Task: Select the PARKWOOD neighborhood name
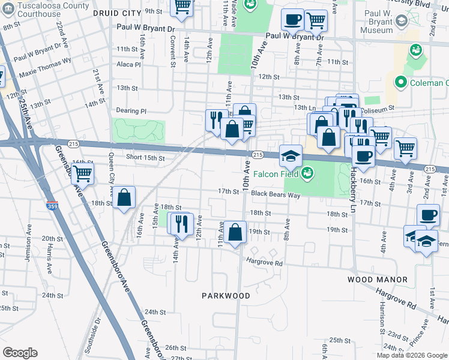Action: pyautogui.click(x=226, y=296)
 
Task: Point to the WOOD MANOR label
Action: pyautogui.click(x=377, y=280)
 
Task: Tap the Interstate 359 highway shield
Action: pyautogui.click(x=52, y=206)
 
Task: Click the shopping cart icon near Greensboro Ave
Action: pyautogui.click(x=82, y=173)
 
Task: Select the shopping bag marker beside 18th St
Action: pyautogui.click(x=124, y=198)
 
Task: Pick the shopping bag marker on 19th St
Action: pyautogui.click(x=237, y=232)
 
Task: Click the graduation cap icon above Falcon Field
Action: pyautogui.click(x=291, y=156)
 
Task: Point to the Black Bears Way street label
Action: pyautogui.click(x=276, y=194)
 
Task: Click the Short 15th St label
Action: pyautogui.click(x=145, y=158)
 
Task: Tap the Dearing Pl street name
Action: pyautogui.click(x=131, y=111)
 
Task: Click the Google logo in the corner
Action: pyautogui.click(x=20, y=352)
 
